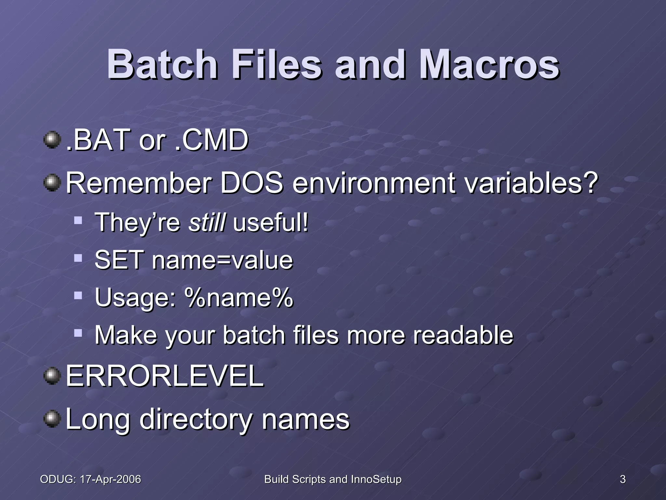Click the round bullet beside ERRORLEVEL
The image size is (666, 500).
[52, 376]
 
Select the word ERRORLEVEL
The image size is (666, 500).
[165, 376]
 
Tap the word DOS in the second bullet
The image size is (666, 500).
[252, 183]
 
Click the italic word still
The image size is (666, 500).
[206, 222]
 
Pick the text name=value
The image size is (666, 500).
[222, 260]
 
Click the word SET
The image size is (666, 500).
[119, 260]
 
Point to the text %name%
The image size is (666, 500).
[238, 298]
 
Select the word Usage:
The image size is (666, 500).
[135, 298]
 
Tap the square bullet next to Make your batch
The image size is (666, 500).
[78, 333]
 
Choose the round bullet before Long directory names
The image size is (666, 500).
[52, 419]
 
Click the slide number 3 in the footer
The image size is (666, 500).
[622, 479]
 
